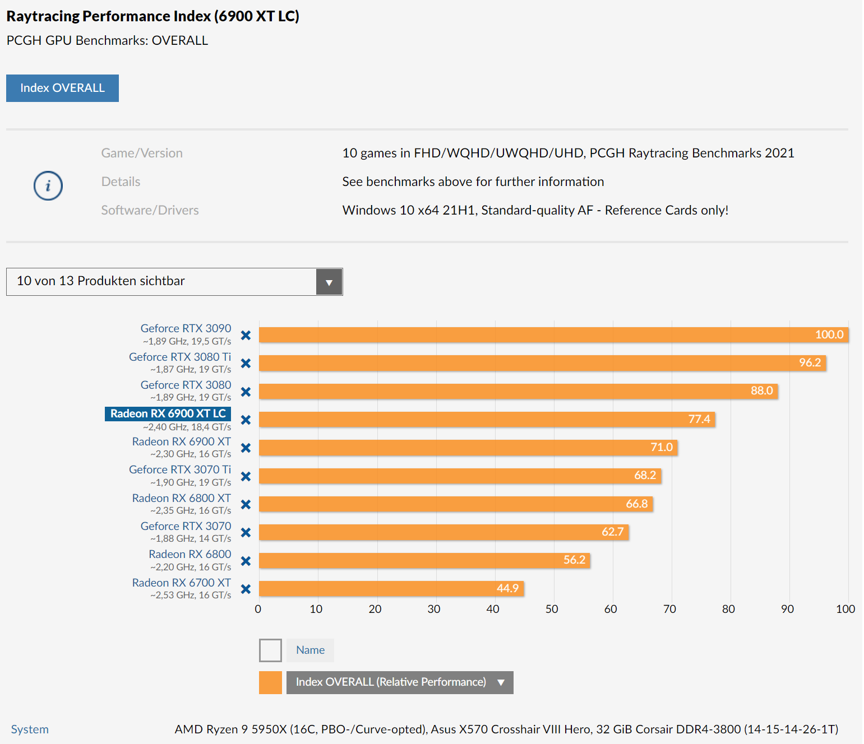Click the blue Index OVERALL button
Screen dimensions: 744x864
pos(62,88)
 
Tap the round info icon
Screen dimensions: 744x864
pos(48,185)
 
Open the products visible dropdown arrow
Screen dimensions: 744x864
pos(329,282)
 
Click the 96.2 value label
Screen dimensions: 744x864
pos(810,362)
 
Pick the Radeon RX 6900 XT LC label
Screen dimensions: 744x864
pos(168,413)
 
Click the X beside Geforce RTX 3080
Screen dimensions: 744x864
pos(246,392)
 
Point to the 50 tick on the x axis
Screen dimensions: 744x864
pos(552,609)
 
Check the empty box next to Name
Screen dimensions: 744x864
pos(270,650)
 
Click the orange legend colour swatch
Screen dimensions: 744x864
pos(270,682)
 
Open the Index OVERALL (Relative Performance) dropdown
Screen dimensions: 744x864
pos(400,682)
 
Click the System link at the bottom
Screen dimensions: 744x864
pos(30,729)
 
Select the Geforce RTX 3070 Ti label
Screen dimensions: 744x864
pos(180,469)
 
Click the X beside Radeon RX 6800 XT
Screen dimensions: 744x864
pos(246,504)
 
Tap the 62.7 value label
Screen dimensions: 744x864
pos(612,532)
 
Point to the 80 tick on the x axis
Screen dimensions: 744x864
pos(728,609)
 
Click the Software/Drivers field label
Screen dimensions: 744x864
pos(150,210)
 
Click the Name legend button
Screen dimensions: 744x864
pos(310,650)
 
